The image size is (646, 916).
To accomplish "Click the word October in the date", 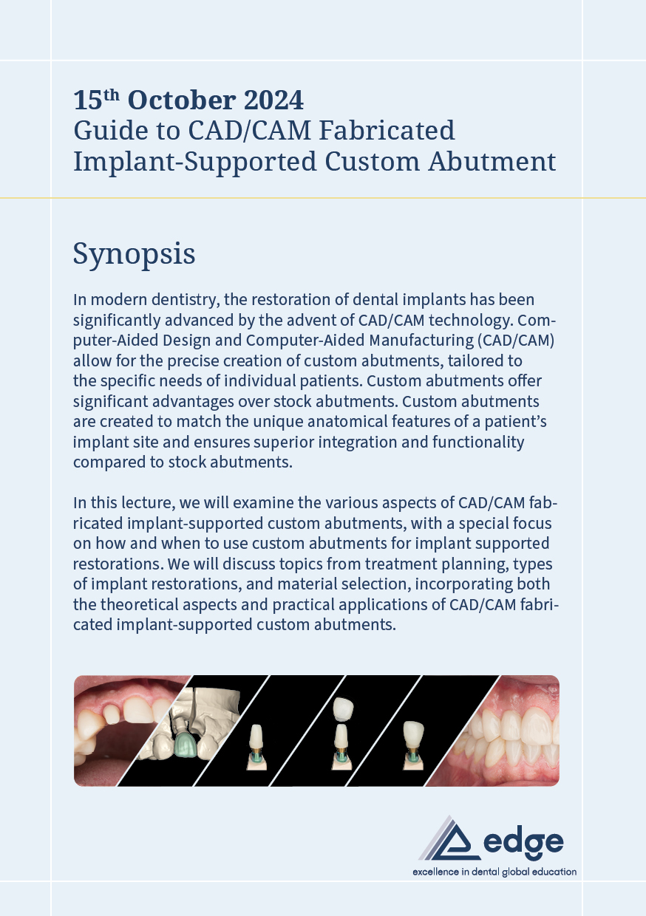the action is pos(182,100).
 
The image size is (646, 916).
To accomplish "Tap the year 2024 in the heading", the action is pos(273,100).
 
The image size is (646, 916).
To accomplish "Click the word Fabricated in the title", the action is pos(387,131).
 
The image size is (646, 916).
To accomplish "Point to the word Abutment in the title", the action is pos(492,162).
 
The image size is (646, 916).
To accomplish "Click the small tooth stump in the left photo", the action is pos(111,714).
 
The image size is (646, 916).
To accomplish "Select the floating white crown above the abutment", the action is pos(343,709).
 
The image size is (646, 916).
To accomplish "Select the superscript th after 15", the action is pos(112,95).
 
